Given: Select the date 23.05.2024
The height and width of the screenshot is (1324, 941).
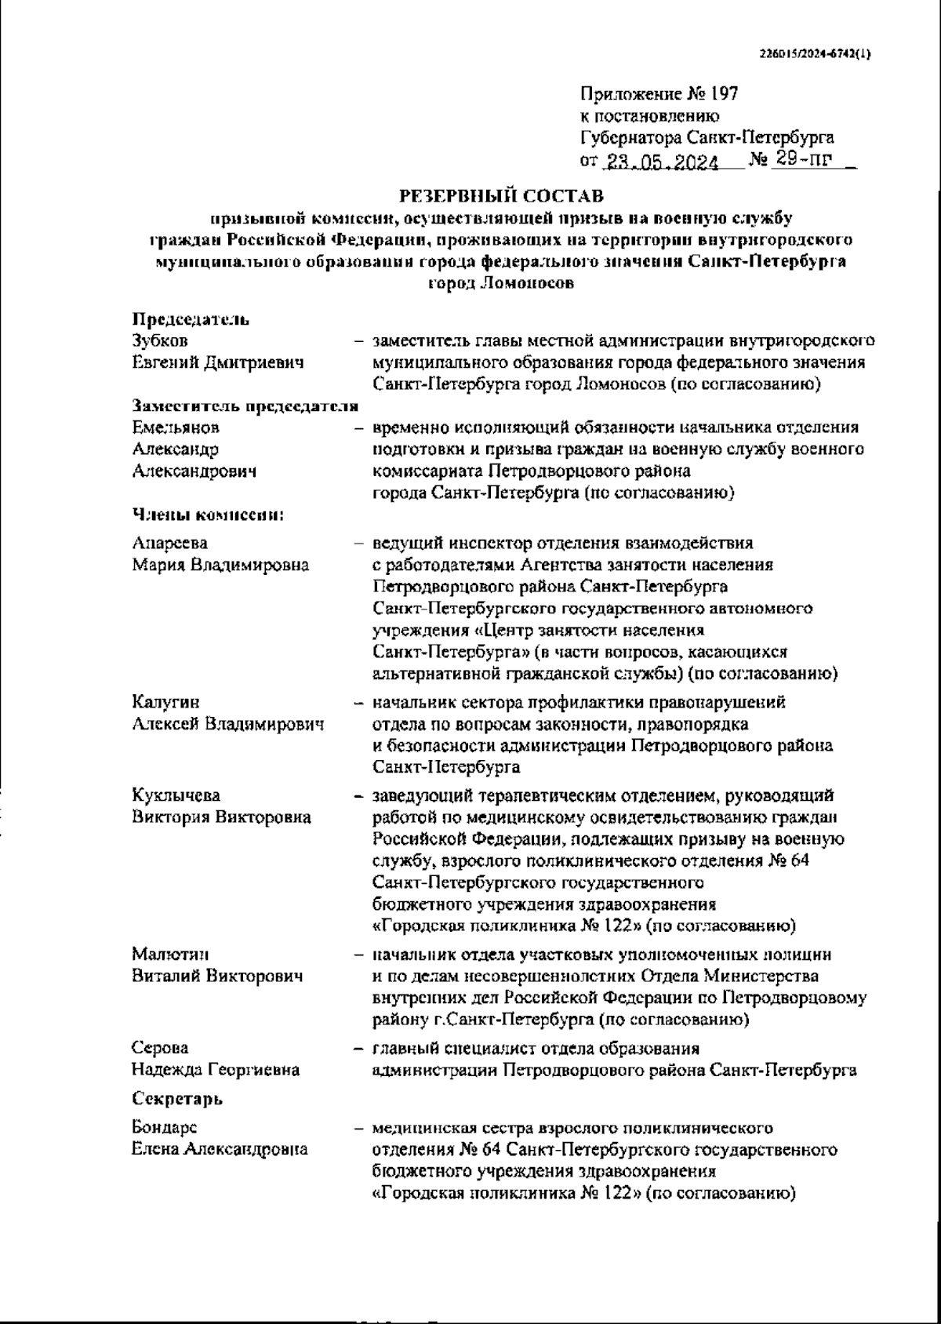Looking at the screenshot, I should tap(661, 163).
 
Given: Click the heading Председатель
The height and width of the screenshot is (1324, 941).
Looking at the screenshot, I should tap(191, 319).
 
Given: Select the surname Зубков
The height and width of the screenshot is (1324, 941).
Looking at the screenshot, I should tap(160, 341).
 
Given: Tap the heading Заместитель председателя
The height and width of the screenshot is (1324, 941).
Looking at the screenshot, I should tap(245, 406).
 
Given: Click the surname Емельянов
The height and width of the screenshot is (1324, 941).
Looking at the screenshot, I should tap(176, 427).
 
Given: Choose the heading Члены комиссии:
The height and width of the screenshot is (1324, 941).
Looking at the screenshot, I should tap(207, 515).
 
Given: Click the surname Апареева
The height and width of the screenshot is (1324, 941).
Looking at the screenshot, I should tap(170, 543).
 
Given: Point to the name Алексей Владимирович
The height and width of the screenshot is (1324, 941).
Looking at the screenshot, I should tap(227, 724).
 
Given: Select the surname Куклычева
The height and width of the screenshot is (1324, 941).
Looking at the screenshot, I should tap(176, 795).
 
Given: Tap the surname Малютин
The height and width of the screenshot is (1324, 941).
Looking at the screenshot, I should tap(170, 955).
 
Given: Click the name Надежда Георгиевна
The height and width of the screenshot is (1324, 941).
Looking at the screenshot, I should tap(216, 1070).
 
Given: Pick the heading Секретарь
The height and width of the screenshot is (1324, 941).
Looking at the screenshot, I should tap(177, 1098).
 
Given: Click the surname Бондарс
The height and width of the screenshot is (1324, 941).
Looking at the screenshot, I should tap(165, 1128).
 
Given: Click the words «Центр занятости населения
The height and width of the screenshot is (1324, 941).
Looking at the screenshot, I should tap(538, 630).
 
